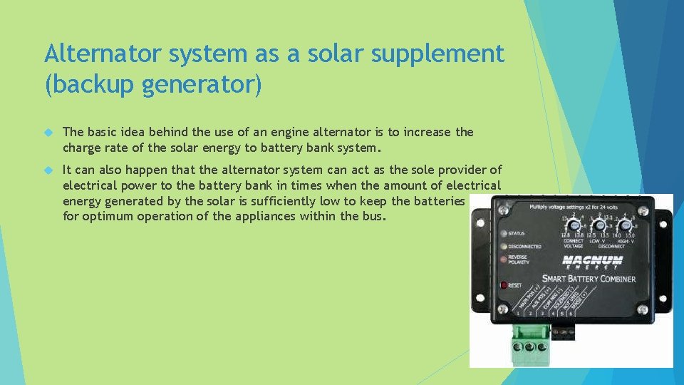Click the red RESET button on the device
click(504, 285)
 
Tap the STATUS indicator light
click(503, 233)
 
